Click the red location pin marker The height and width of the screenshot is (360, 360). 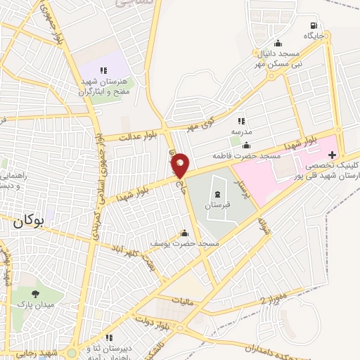(181, 165)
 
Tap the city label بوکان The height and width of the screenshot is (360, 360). (28, 221)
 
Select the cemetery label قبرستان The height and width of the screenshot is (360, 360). (217, 205)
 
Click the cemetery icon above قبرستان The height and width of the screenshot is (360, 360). (217, 194)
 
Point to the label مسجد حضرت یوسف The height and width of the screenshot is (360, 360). (184, 243)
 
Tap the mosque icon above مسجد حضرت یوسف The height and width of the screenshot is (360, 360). (184, 233)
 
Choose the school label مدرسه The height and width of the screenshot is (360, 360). (241, 131)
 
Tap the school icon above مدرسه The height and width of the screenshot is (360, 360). (241, 121)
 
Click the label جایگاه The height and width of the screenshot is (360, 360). (313, 34)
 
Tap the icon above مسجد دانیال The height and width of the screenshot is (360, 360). (278, 43)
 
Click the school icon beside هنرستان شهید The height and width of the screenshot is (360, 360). (104, 70)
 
